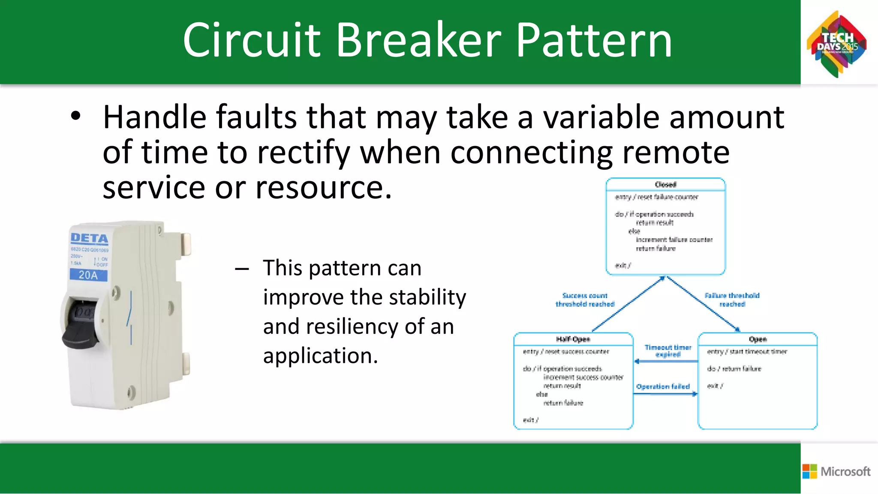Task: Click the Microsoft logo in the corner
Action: tap(836, 471)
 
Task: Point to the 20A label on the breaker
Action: tap(88, 275)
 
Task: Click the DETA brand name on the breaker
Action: tap(89, 238)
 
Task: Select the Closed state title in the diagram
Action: tap(665, 185)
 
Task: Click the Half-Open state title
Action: tap(573, 339)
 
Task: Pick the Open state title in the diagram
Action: tap(758, 339)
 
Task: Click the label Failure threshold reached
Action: tap(732, 299)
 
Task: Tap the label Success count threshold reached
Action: tap(585, 299)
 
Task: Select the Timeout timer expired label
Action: tap(668, 350)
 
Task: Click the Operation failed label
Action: tap(663, 386)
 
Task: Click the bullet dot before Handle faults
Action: tap(75, 116)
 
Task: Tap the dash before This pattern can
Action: tap(242, 269)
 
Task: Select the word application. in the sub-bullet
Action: tap(320, 356)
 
